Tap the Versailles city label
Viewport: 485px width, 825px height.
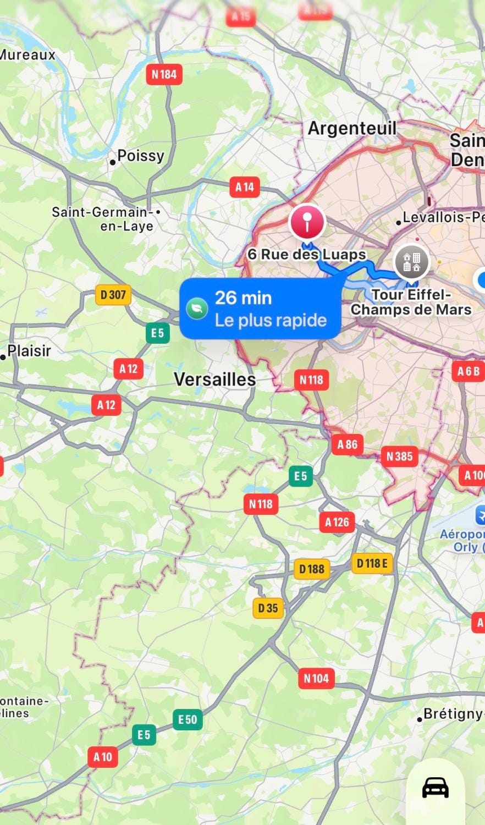pos(214,380)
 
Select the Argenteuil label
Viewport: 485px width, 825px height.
pos(352,129)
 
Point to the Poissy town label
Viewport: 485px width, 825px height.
pos(140,156)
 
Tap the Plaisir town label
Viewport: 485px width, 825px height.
pos(29,351)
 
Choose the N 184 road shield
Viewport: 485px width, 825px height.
pos(164,74)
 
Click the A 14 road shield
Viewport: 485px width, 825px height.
pos(245,187)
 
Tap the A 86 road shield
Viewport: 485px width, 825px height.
pos(348,444)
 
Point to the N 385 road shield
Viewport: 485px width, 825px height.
pos(400,457)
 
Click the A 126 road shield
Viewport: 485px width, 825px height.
pos(337,522)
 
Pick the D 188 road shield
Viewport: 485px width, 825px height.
pos(312,569)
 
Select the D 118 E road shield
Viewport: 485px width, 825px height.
pos(372,563)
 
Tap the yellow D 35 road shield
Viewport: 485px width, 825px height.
pos(268,608)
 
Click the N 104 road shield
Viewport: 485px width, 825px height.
pos(316,678)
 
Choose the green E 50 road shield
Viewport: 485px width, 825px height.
pos(188,719)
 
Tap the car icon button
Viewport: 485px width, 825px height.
pos(436,788)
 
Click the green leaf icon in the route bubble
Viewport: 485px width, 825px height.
pos(196,309)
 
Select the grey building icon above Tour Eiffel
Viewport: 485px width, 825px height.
pos(412,262)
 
